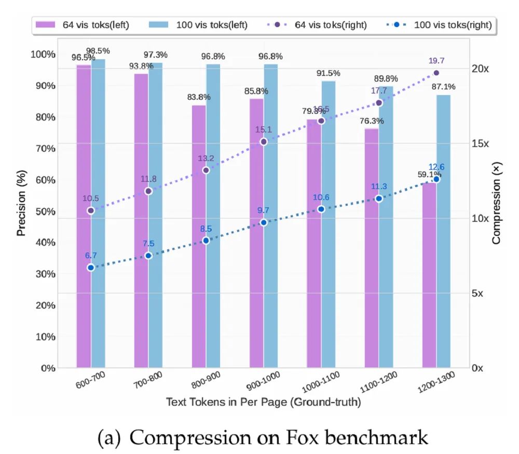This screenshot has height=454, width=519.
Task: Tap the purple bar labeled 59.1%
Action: tap(429, 275)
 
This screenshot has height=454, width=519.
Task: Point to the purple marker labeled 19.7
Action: tap(436, 73)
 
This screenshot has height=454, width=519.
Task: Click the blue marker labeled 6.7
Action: tap(91, 268)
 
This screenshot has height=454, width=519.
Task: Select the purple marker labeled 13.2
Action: tap(206, 170)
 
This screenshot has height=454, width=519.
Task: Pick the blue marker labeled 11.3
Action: tap(379, 198)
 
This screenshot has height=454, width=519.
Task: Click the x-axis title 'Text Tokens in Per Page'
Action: tap(263, 402)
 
